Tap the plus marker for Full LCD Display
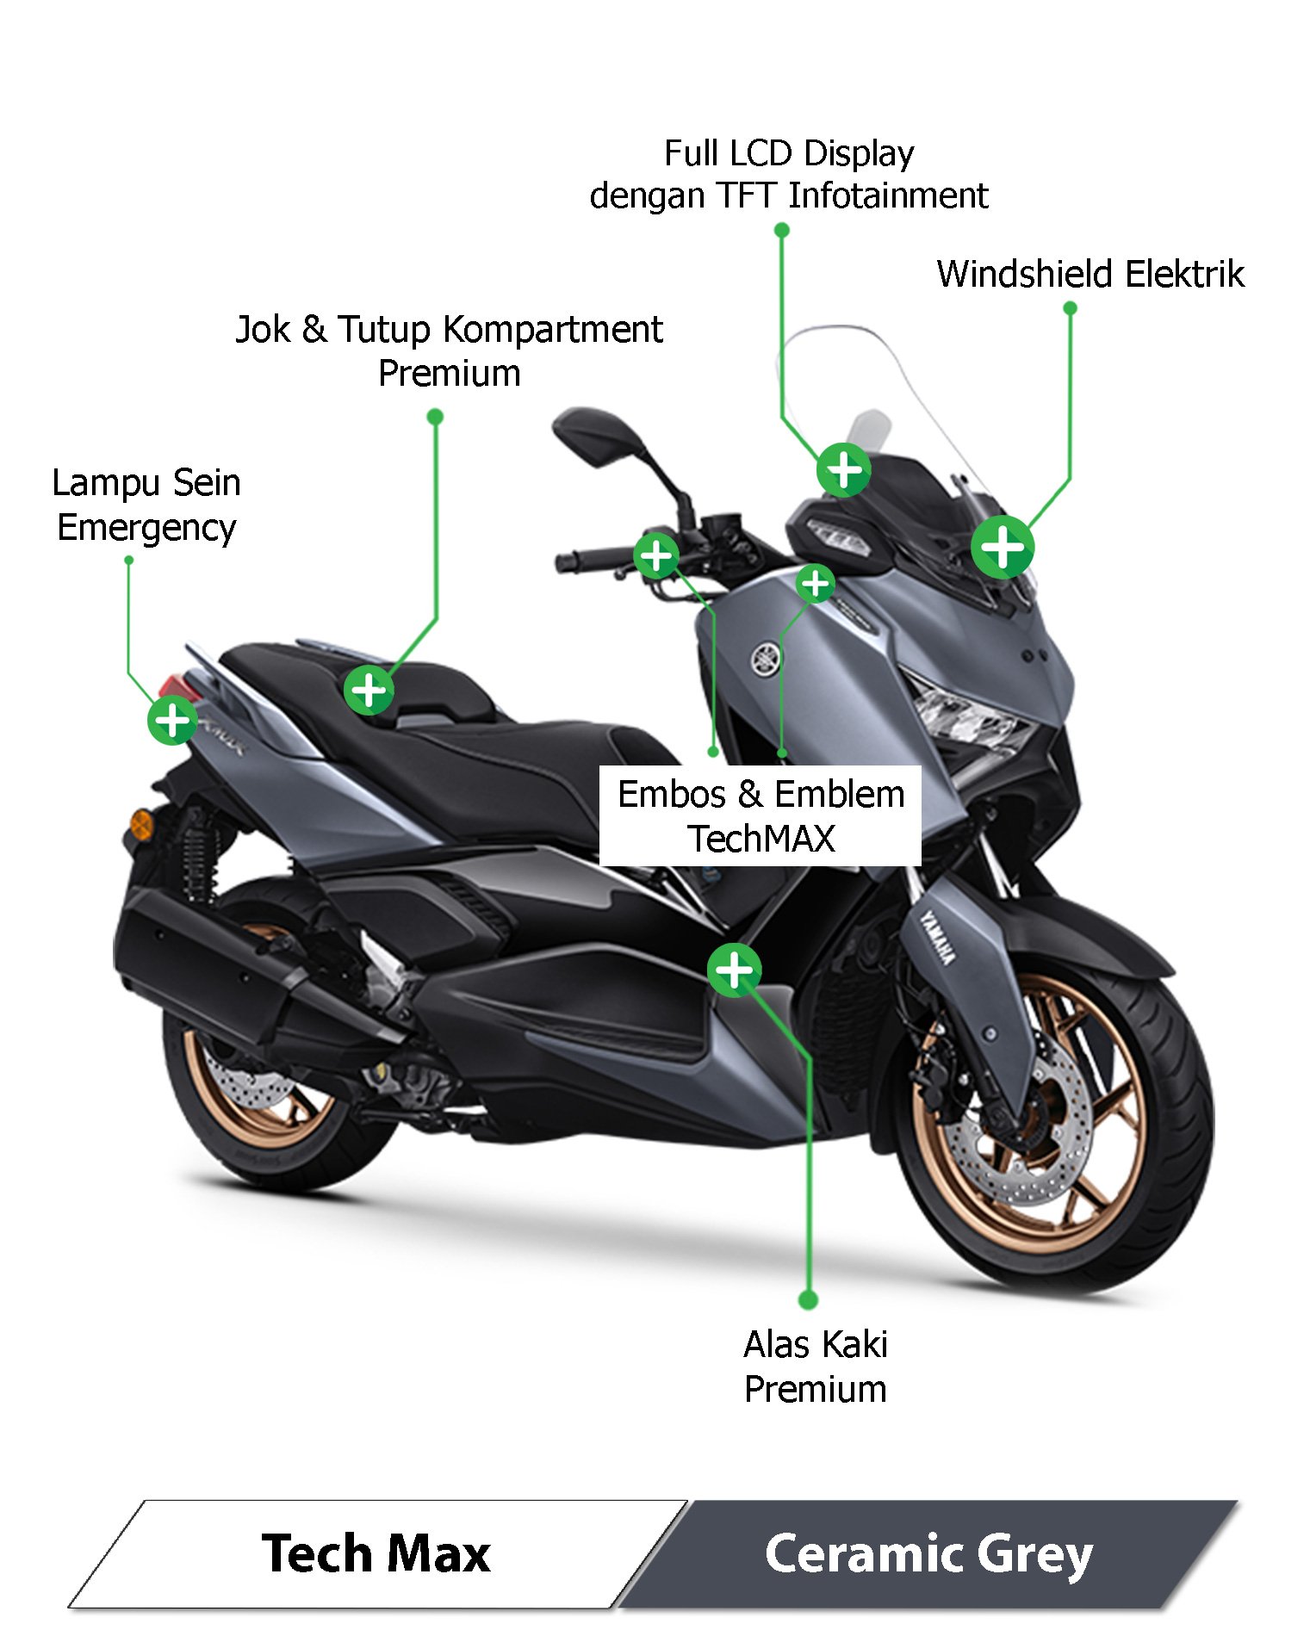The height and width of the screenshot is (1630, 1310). [843, 470]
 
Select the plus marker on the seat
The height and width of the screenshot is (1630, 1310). [369, 690]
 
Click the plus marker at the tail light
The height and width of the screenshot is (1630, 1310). [172, 720]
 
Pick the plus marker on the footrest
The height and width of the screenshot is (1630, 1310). [734, 970]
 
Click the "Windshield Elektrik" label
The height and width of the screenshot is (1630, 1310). [1090, 275]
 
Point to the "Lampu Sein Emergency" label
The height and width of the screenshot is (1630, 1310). [146, 505]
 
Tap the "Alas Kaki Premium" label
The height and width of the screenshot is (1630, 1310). [815, 1367]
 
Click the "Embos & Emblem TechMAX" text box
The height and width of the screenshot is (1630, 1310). [761, 815]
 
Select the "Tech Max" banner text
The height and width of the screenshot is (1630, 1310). [376, 1554]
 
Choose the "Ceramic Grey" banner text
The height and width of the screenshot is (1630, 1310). [928, 1554]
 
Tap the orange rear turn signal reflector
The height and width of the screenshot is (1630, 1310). [140, 824]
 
